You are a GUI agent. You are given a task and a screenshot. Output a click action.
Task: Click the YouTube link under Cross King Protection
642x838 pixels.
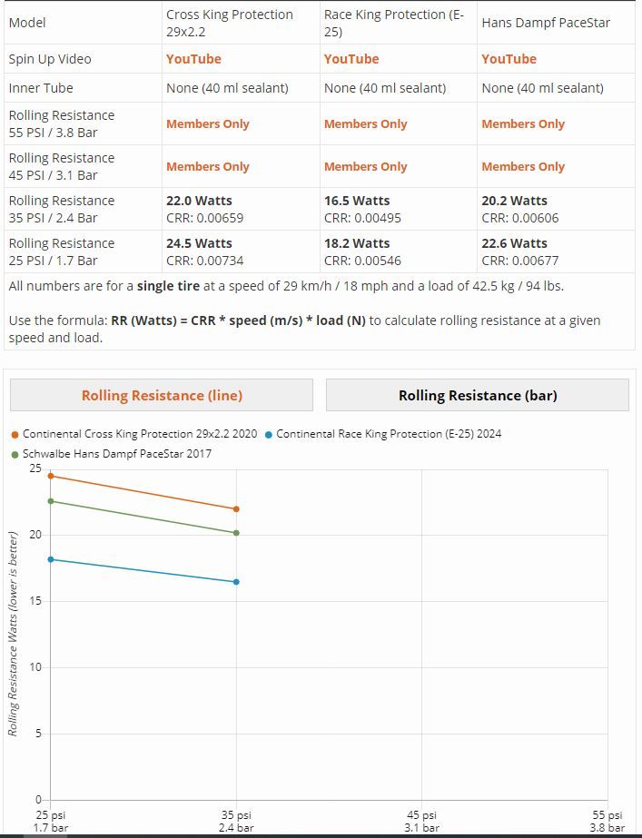pos(193,59)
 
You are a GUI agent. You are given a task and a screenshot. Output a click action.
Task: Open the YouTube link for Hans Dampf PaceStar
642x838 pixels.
pos(509,59)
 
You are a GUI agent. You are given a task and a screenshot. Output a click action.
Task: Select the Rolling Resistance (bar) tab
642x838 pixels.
pos(478,395)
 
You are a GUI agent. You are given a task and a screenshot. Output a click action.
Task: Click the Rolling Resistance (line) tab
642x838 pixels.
pos(162,395)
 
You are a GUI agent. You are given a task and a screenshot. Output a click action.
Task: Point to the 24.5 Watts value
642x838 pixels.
pos(199,243)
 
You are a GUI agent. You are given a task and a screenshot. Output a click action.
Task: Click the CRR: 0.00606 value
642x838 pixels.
pos(520,218)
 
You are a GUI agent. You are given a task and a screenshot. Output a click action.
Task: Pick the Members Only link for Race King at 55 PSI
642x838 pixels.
pos(365,124)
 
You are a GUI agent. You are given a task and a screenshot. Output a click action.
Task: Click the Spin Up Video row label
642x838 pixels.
pos(50,59)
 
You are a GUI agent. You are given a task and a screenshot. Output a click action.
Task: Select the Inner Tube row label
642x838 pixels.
pos(41,88)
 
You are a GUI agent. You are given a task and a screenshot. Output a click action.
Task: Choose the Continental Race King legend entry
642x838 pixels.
pos(388,434)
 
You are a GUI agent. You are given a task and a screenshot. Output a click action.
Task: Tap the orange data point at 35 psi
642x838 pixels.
pos(237,509)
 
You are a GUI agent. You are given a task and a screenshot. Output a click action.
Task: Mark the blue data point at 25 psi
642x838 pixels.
pos(50,559)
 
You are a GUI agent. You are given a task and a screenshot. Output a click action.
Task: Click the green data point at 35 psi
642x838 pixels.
pos(237,533)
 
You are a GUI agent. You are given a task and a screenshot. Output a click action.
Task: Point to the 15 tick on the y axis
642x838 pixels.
pos(35,601)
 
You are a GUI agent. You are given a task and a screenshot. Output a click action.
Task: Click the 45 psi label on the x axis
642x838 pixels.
pos(421,821)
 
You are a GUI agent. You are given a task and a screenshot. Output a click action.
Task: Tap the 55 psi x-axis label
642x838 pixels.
pos(607,821)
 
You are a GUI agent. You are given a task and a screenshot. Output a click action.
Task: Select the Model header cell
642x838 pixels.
pos(27,23)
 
